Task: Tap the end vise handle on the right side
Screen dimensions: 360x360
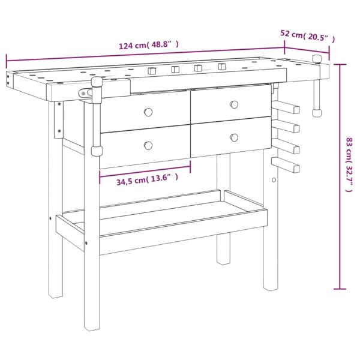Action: click(x=317, y=87)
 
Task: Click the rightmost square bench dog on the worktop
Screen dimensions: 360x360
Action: click(x=222, y=67)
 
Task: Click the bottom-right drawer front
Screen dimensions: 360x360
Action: click(x=230, y=136)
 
